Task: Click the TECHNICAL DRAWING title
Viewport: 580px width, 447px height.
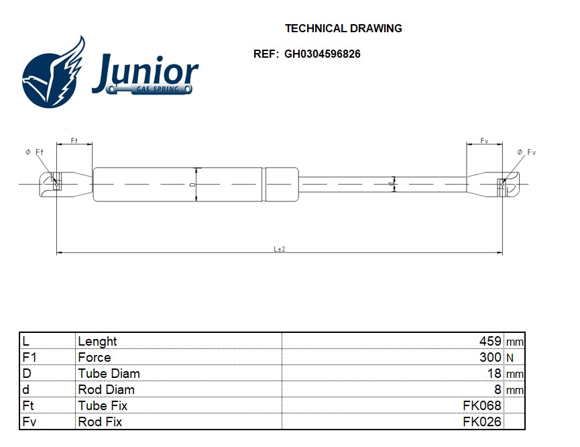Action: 343,28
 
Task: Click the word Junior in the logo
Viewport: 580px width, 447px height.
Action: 146,72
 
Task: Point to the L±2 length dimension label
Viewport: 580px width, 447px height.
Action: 280,249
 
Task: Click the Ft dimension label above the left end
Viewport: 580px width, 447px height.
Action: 74,141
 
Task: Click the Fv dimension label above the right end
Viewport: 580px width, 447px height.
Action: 484,141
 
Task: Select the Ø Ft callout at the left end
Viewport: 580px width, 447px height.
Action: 34,152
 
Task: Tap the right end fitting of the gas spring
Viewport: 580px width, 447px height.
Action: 493,183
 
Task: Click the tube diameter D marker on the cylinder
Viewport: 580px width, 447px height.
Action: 193,184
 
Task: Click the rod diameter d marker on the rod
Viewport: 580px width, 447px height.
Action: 393,183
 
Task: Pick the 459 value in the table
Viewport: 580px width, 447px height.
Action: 490,341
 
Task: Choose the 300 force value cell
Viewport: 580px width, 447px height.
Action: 490,357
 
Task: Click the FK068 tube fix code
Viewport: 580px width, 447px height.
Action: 482,405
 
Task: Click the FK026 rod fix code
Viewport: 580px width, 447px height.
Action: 482,421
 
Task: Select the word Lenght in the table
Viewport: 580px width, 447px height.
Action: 97,341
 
